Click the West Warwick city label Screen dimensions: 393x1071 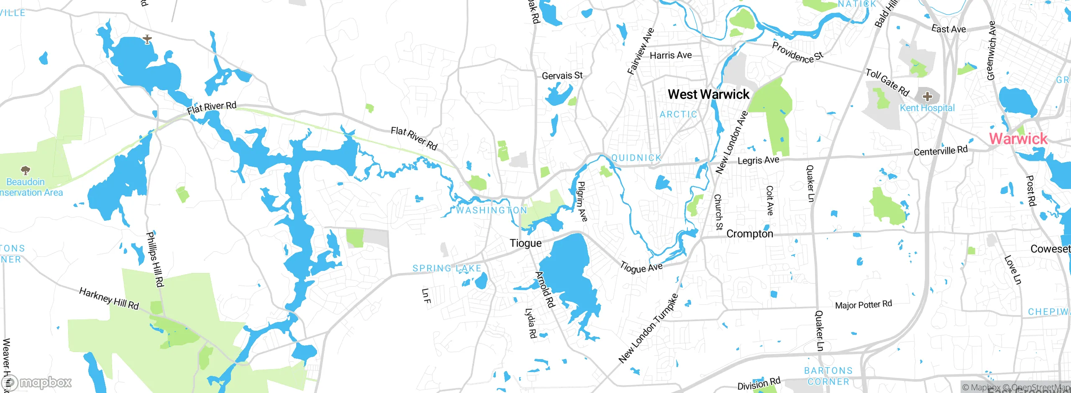tap(708, 94)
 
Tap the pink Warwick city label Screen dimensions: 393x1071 tap(1018, 139)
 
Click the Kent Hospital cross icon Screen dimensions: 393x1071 tap(927, 97)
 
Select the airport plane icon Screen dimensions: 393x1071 tap(147, 40)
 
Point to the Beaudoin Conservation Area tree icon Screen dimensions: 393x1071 tap(26, 170)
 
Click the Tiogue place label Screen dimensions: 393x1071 tap(525, 243)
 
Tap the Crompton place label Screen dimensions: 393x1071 tap(750, 234)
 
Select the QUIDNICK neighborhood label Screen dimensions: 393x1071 tap(636, 158)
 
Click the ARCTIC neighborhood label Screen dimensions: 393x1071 tap(678, 115)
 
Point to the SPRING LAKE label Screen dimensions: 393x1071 tap(447, 268)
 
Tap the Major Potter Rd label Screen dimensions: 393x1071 tap(863, 305)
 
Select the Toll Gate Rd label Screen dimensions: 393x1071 tap(887, 82)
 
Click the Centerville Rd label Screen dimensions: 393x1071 tap(940, 151)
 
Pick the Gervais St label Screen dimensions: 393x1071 tap(562, 76)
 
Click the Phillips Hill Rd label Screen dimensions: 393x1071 tap(154, 260)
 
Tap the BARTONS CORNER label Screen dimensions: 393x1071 tap(828, 376)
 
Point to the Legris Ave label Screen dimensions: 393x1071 tap(758, 161)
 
